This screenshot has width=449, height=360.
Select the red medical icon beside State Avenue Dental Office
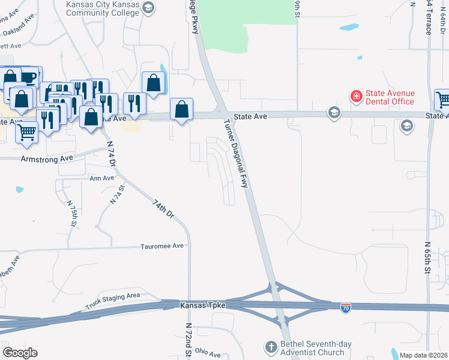(x=356, y=96)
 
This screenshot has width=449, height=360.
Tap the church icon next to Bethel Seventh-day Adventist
(x=271, y=347)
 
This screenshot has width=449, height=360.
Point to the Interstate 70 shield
(x=346, y=308)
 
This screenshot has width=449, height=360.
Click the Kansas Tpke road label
(x=203, y=305)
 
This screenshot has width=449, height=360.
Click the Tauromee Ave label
(x=161, y=246)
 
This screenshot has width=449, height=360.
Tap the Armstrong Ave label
(x=46, y=159)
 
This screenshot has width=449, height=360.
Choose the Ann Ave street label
(x=101, y=178)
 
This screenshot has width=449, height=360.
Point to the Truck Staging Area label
(x=112, y=298)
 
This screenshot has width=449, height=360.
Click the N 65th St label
(x=428, y=259)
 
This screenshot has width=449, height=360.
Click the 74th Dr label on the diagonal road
(x=163, y=209)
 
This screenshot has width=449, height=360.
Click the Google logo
(x=20, y=353)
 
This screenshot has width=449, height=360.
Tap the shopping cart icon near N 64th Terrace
(x=443, y=100)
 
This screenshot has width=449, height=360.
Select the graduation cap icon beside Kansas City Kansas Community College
(x=149, y=8)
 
